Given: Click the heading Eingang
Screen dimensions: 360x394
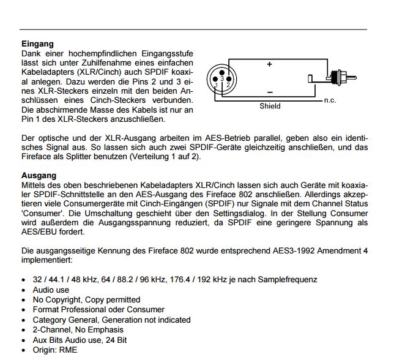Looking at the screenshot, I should pos(38,44).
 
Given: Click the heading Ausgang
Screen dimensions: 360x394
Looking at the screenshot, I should pos(39,176).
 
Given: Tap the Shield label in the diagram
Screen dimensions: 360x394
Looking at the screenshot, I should pos(270,107).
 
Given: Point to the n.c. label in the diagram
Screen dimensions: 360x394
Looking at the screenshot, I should pos(330,100).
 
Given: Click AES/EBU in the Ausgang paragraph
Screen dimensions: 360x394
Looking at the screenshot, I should pos(42,233).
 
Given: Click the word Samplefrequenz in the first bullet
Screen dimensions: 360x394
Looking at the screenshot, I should pos(288,280).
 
